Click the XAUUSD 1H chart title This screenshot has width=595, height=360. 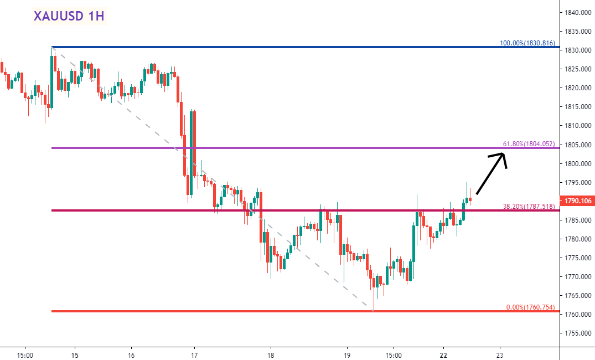(x=69, y=16)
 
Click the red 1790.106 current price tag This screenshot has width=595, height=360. (x=578, y=201)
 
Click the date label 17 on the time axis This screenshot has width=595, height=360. (x=194, y=354)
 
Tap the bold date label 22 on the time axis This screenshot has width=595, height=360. (x=443, y=354)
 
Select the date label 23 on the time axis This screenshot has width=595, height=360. (x=500, y=354)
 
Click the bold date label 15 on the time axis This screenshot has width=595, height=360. (x=75, y=354)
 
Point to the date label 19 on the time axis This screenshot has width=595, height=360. (x=347, y=354)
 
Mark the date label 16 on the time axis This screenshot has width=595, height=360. (x=131, y=354)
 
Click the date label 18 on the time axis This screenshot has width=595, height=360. (x=271, y=354)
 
